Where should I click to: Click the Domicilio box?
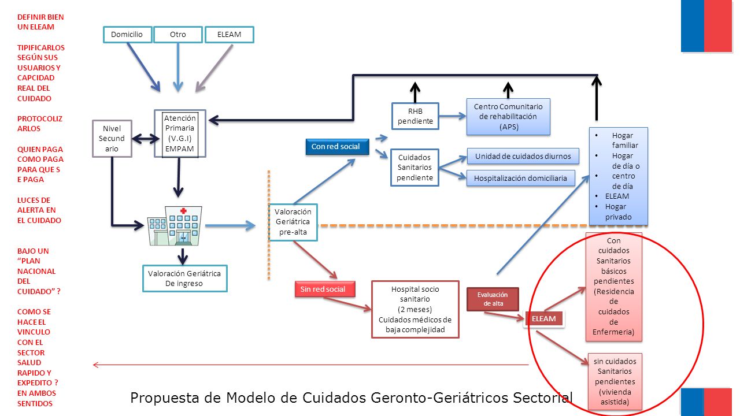128,35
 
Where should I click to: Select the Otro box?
178,35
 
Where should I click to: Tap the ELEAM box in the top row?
230,35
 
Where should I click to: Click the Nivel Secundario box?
112,139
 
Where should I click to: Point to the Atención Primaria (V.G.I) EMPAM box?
180,133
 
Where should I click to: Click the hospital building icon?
175,226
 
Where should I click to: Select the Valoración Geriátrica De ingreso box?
184,278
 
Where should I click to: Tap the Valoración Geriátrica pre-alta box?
293,222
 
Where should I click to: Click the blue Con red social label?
337,147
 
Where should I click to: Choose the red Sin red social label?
325,289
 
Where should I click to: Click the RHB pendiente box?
415,116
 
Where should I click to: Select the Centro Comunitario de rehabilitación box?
508,117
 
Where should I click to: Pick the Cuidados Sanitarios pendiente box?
415,168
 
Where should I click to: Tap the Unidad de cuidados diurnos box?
523,156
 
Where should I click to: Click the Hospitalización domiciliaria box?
521,179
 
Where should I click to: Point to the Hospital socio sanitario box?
415,309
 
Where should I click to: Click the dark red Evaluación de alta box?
493,299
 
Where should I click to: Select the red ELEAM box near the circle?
544,319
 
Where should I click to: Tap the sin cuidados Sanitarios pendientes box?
615,382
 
